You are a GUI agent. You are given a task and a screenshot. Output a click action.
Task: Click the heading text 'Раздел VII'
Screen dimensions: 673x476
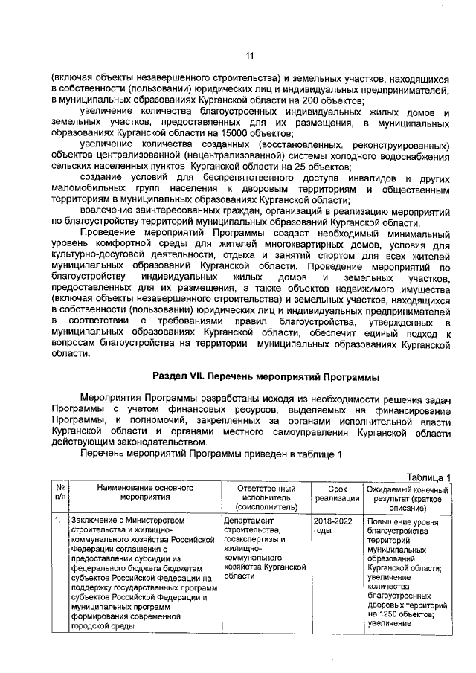coord(181,376)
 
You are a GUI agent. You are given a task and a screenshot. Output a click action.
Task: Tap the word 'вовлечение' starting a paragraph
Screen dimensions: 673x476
coord(106,210)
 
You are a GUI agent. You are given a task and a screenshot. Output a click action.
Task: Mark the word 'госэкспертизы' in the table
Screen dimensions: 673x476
coord(254,538)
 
